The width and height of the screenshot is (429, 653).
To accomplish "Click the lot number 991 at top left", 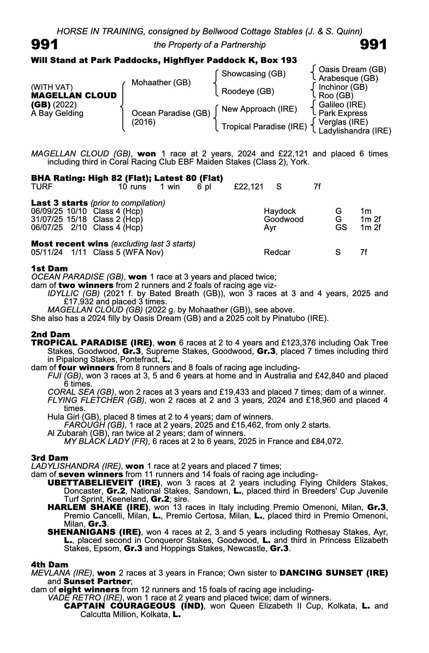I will click(x=45, y=45).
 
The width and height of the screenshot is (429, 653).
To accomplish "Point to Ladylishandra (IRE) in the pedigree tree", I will click(x=355, y=131).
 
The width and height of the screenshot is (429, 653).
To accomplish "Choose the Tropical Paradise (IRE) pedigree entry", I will click(x=264, y=126).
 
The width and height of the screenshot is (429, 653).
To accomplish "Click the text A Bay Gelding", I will click(x=57, y=113).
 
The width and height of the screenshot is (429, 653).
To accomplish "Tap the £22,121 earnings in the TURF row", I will click(x=249, y=187).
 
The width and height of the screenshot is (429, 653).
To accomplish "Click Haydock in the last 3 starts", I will click(x=280, y=211).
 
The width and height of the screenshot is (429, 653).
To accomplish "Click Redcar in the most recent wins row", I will click(x=277, y=252).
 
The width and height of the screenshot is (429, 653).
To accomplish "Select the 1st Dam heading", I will click(x=50, y=268).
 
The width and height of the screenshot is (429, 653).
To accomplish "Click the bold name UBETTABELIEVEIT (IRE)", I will click(x=104, y=483).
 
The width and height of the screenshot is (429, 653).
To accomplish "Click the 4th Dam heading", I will click(x=50, y=565).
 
